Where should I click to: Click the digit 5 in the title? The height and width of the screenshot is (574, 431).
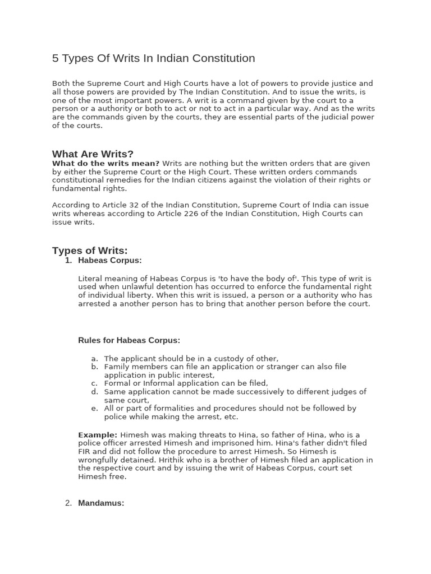tap(56, 58)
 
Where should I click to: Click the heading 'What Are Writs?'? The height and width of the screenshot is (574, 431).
tap(93, 154)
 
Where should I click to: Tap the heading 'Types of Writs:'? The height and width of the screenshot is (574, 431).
tap(90, 251)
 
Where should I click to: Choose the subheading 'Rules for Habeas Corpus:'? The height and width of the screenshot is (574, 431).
tap(129, 340)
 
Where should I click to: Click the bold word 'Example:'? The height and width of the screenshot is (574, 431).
tap(98, 435)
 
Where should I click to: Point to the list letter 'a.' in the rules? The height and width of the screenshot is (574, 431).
tap(95, 359)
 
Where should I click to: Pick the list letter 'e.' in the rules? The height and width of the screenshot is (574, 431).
tap(95, 409)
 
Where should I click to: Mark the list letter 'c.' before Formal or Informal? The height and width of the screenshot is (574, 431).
tap(95, 383)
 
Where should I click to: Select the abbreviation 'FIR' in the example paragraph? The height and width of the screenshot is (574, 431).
tap(85, 452)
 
